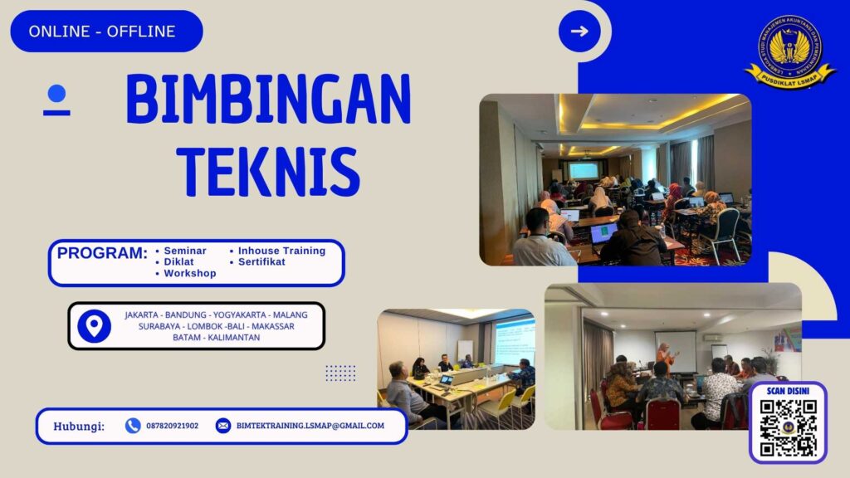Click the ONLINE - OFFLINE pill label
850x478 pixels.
(x=102, y=32)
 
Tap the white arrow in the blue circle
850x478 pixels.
(x=579, y=32)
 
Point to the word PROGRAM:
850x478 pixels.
(x=102, y=253)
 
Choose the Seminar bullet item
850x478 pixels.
(x=185, y=250)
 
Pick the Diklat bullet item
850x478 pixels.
(x=178, y=261)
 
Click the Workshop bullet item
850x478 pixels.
(x=189, y=273)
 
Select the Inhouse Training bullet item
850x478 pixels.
(x=281, y=250)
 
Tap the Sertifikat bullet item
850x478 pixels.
(x=261, y=261)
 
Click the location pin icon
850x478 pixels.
(x=94, y=325)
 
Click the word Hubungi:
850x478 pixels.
(x=79, y=427)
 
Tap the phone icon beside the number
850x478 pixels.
(x=133, y=426)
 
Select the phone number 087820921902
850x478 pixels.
(x=172, y=426)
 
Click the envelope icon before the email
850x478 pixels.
(x=223, y=426)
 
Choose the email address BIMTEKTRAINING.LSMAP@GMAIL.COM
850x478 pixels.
(x=310, y=426)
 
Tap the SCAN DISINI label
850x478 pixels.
(x=788, y=390)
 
